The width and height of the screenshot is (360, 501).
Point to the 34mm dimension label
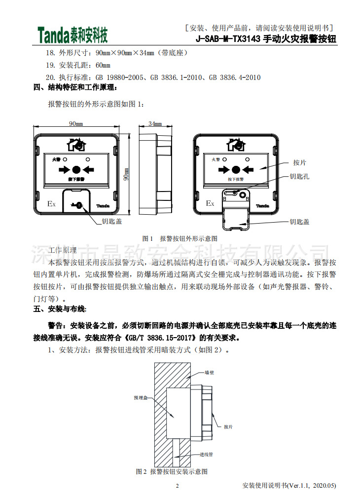click(155, 123)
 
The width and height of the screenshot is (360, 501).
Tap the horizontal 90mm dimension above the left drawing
click(75, 123)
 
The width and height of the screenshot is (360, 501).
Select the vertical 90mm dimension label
click(126, 174)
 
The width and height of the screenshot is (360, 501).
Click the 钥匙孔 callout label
click(299, 176)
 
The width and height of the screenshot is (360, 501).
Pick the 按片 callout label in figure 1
click(300, 162)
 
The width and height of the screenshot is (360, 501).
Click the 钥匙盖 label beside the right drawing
click(299, 222)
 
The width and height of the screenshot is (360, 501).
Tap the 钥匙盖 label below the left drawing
click(112, 222)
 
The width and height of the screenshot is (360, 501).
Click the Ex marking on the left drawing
click(51, 203)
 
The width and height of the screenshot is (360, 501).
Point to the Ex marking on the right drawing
click(210, 203)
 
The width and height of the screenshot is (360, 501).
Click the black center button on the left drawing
click(76, 169)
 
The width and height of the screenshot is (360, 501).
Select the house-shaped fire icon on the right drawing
click(235, 144)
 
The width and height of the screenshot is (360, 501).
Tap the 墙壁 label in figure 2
click(210, 374)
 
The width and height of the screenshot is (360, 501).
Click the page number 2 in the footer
click(178, 486)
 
